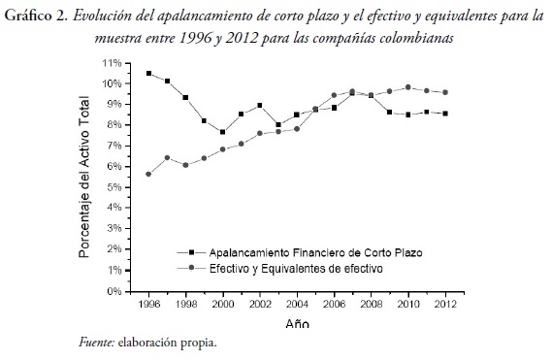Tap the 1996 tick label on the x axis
147,303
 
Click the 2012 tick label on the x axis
445,303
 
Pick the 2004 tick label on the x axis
297,303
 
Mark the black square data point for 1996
147,73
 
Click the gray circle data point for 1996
147,174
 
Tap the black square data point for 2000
222,132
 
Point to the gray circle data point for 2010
408,87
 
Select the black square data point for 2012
445,114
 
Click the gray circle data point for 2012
445,92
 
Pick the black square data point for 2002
259,105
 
